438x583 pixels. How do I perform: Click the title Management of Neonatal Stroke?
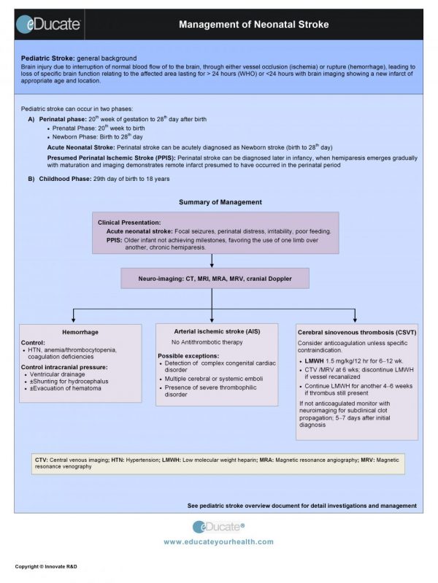254,25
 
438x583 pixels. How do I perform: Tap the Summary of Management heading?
220,202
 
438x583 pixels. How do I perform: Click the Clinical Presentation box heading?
129,222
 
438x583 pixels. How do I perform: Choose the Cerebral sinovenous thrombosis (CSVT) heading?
347,333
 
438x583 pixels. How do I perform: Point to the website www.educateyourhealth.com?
218,541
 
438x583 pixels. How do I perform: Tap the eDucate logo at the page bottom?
218,527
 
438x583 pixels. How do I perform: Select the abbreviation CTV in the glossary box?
41,460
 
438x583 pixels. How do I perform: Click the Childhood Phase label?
70,178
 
